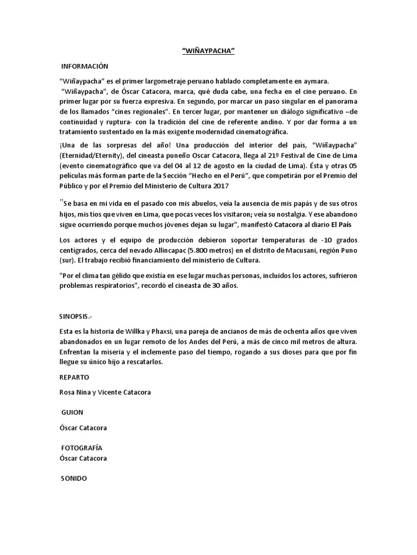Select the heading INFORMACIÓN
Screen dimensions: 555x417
85,66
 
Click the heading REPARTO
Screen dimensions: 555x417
74,377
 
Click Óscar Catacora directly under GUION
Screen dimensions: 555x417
83,428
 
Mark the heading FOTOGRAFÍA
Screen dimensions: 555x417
82,448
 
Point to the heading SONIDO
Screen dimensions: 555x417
74,479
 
